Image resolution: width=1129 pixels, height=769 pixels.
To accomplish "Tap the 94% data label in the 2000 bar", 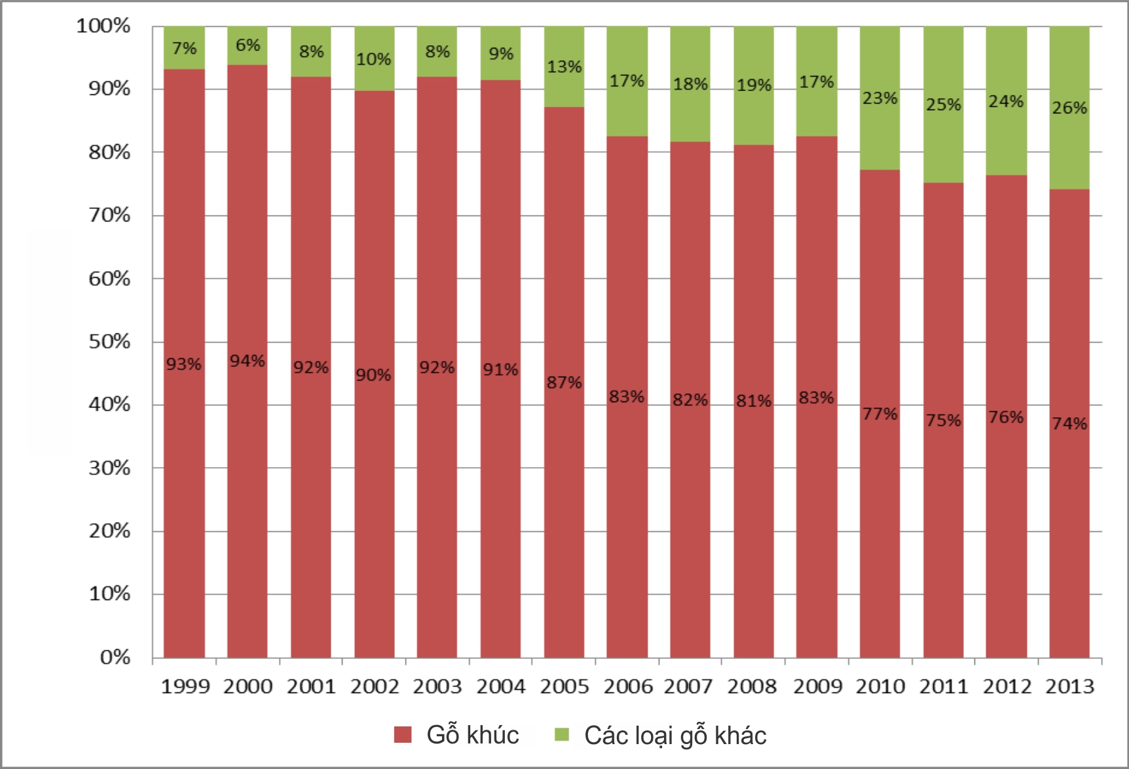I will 248,361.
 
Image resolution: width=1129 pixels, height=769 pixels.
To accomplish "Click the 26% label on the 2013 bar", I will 1069,107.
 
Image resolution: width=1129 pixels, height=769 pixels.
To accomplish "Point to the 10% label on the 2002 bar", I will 374,60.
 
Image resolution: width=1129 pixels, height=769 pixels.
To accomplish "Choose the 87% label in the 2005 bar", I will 564,383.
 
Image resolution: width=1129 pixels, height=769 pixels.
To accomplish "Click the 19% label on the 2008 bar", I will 754,85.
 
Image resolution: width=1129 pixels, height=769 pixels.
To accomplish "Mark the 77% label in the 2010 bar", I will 879,414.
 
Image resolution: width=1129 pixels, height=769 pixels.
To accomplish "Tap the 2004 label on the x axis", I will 501,686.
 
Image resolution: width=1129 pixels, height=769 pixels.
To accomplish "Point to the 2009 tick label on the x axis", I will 817,686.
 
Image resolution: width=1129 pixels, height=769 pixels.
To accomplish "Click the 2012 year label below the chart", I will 1007,686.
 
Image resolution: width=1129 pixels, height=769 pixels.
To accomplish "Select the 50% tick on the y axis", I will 110,341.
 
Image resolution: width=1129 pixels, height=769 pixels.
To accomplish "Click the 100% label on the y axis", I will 103,26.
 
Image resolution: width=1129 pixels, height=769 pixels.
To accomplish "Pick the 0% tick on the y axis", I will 115,657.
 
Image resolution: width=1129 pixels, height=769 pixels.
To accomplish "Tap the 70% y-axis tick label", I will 110,215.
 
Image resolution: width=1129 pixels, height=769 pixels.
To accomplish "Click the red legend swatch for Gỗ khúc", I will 403,734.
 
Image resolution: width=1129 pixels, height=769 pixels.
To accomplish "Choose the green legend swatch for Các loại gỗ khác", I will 562,734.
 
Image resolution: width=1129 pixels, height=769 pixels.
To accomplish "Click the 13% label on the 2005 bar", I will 564,67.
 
